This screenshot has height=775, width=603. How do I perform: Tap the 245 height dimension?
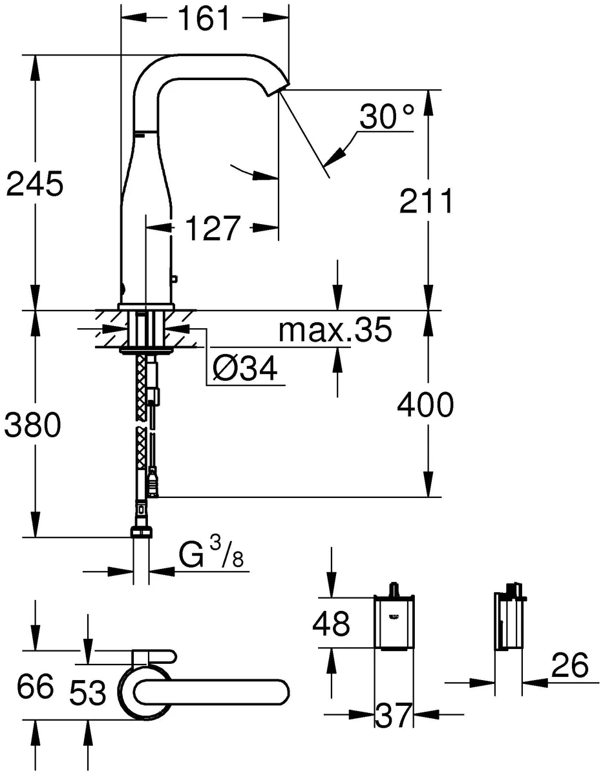tap(35, 185)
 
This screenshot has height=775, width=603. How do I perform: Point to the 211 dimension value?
tap(425, 202)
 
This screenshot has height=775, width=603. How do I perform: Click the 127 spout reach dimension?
tap(213, 228)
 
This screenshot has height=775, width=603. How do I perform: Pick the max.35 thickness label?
tap(335, 331)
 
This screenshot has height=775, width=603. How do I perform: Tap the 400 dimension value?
tap(425, 406)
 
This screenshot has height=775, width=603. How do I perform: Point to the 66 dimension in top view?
tap(36, 687)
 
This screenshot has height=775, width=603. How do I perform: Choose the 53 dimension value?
tap(88, 695)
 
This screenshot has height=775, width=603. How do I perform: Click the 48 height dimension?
tap(331, 624)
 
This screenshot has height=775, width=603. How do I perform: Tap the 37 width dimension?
tap(393, 715)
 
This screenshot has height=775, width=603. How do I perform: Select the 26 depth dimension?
tap(570, 665)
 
